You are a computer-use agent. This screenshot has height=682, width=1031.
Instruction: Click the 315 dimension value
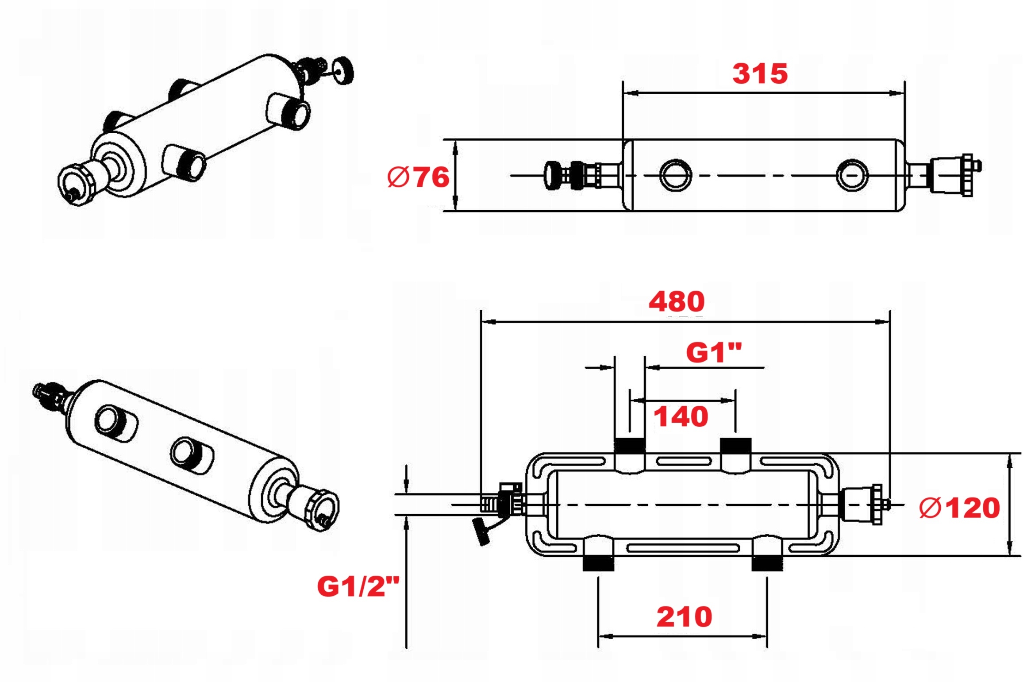click(759, 73)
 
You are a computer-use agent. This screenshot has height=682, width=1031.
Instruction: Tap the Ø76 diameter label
click(418, 177)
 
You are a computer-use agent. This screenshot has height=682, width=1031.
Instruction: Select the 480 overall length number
click(676, 301)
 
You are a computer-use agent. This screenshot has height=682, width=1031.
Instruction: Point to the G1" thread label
click(713, 353)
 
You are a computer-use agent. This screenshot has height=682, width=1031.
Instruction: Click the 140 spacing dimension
click(680, 416)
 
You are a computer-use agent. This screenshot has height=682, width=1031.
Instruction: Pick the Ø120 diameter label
click(959, 508)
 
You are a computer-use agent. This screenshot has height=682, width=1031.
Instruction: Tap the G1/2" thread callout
click(358, 586)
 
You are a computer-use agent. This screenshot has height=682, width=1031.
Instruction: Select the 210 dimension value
click(684, 616)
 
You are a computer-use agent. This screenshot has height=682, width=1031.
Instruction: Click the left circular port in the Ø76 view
click(675, 175)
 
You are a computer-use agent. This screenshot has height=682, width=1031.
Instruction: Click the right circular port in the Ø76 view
click(852, 175)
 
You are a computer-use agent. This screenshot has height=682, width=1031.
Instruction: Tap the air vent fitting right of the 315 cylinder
click(951, 175)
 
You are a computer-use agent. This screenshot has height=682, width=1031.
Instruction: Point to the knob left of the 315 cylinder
click(552, 175)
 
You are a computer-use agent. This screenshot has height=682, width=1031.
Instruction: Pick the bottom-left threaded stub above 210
click(598, 563)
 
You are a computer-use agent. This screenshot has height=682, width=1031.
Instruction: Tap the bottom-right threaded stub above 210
click(767, 563)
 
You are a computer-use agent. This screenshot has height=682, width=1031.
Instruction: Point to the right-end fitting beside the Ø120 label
click(861, 505)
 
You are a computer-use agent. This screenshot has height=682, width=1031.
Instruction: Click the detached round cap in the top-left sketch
click(342, 70)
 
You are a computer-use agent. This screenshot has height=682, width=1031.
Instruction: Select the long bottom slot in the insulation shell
click(683, 548)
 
